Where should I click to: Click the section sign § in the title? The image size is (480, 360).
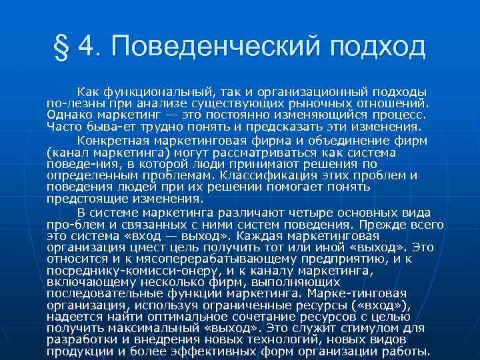64,47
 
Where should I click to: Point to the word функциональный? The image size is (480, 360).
157,91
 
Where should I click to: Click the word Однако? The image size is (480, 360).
67,115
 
